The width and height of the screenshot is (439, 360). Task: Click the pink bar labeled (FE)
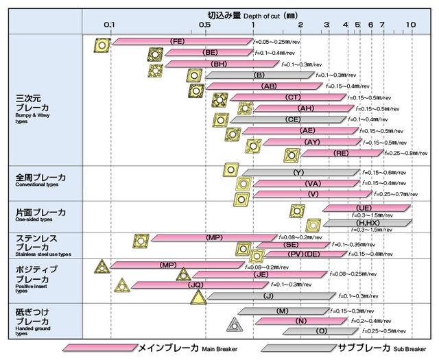point(180,42)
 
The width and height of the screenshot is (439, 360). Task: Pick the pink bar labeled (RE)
point(340,153)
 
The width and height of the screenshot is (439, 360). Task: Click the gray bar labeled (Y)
point(299,172)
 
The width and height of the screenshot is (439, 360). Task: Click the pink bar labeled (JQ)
point(196,285)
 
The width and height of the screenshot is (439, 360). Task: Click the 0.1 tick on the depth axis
point(110,24)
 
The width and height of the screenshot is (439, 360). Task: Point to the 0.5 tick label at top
point(205,24)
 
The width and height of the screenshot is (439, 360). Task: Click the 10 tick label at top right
point(410,24)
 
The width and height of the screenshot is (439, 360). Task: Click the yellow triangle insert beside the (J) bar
point(198,296)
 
